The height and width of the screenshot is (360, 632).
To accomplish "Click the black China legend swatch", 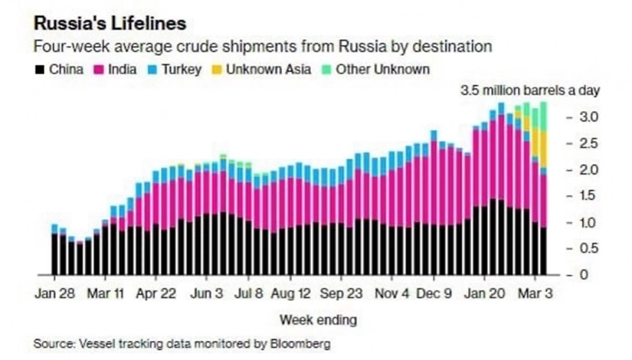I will point(38,69).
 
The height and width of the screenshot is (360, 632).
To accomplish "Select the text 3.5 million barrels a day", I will point(531,90).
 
